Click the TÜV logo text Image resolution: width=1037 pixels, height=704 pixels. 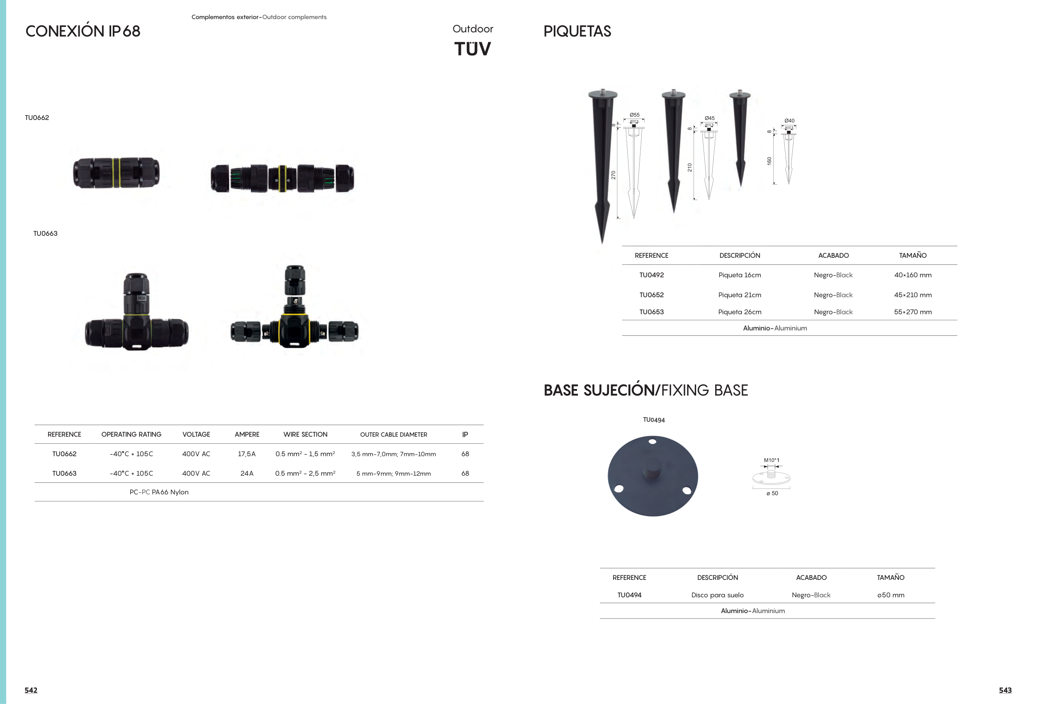(472, 49)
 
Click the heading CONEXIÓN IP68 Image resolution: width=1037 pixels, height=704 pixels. (83, 31)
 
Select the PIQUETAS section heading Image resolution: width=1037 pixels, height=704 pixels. (577, 31)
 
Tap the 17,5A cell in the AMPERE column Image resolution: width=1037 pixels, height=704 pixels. (247, 454)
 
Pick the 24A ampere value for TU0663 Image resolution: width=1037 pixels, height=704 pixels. (247, 473)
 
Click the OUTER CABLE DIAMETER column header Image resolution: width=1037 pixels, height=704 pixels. (394, 434)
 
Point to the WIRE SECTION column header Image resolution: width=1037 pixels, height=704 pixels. (305, 434)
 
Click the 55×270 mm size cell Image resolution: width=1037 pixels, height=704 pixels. (913, 312)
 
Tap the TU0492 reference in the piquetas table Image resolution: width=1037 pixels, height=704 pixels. (652, 275)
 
